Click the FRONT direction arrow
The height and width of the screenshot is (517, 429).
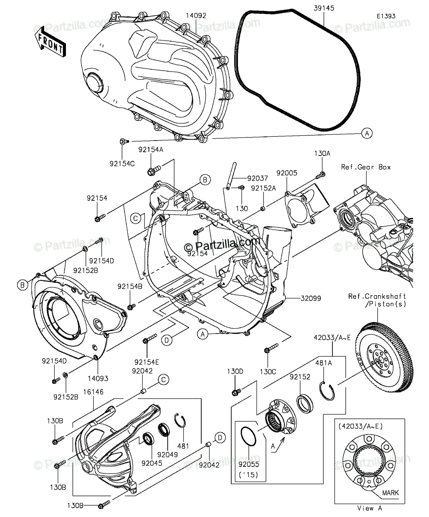[x=50, y=43]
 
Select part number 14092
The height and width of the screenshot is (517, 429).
[x=196, y=16]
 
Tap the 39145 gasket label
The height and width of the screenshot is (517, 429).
[x=324, y=8]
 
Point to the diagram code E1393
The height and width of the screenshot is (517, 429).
[x=386, y=16]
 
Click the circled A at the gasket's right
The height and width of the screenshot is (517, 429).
[x=367, y=133]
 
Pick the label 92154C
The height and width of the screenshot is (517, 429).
[x=122, y=164]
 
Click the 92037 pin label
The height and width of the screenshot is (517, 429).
[x=257, y=178]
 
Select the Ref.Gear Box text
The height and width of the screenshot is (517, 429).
[x=366, y=167]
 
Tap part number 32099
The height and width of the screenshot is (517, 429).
[x=311, y=299]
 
